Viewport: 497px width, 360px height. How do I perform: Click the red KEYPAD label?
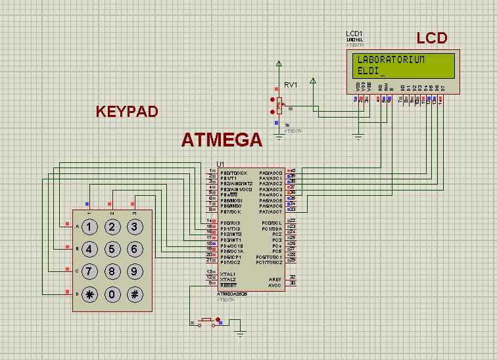pyautogui.click(x=127, y=112)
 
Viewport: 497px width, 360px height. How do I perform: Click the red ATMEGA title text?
pyautogui.click(x=222, y=140)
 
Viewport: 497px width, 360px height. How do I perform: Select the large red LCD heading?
pyautogui.click(x=432, y=38)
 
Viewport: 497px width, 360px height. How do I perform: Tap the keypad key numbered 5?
pyautogui.click(x=112, y=249)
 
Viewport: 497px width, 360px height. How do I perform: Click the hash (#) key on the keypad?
pyautogui.click(x=135, y=294)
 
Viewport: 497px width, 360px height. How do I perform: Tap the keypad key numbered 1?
pyautogui.click(x=89, y=227)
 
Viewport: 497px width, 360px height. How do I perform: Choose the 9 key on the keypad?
pyautogui.click(x=135, y=271)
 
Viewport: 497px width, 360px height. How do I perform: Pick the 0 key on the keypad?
pyautogui.click(x=112, y=294)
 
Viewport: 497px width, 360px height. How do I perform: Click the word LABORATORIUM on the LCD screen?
pyautogui.click(x=391, y=60)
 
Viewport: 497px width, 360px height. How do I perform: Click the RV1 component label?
pyautogui.click(x=291, y=85)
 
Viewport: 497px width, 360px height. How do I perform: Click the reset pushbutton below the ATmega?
pyautogui.click(x=206, y=321)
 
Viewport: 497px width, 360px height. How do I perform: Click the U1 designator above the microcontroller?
pyautogui.click(x=220, y=164)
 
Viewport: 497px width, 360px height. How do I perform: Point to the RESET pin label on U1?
pyautogui.click(x=228, y=285)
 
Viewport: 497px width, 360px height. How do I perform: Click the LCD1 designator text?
pyautogui.click(x=354, y=34)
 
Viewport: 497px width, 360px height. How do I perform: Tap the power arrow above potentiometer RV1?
pyautogui.click(x=279, y=64)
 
